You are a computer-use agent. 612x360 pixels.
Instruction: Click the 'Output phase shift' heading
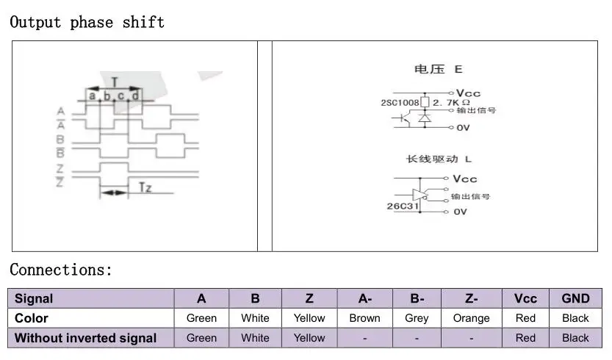click(87, 22)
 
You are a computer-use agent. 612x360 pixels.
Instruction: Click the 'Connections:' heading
click(61, 270)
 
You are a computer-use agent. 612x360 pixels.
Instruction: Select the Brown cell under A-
click(364, 318)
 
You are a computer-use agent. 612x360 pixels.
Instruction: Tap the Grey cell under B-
click(417, 318)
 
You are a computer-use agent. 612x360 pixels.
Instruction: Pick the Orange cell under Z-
click(471, 318)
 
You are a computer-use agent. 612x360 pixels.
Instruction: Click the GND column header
click(575, 298)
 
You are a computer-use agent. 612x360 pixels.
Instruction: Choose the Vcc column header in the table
click(525, 298)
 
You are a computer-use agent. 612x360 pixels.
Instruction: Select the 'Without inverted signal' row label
click(86, 338)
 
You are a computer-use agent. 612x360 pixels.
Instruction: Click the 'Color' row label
click(32, 318)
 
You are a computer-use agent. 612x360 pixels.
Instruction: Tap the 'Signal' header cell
click(34, 298)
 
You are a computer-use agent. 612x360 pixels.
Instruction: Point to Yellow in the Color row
click(309, 318)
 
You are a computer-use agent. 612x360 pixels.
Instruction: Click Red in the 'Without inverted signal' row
click(525, 338)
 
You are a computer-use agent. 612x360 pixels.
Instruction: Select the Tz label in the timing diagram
click(145, 188)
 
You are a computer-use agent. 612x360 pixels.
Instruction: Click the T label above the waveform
click(115, 82)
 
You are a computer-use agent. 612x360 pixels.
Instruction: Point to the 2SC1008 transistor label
click(399, 102)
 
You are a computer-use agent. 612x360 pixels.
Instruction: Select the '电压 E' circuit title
click(439, 70)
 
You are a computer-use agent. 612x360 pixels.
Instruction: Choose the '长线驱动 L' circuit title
click(439, 159)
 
